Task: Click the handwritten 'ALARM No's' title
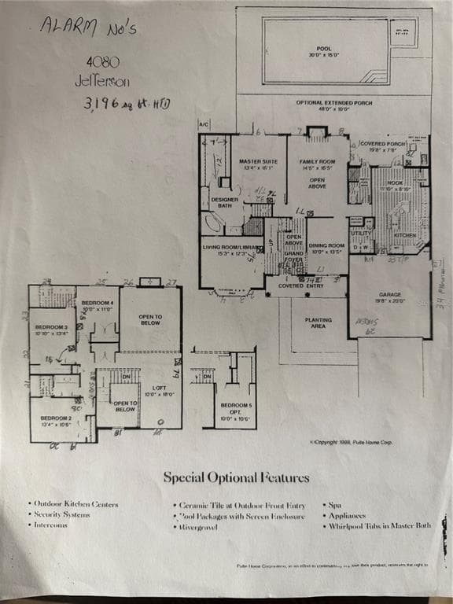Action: (89, 28)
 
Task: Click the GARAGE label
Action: (390, 296)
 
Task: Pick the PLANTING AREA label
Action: (317, 322)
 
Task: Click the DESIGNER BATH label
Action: (225, 202)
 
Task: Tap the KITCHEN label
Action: (404, 235)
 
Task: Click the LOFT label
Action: (158, 389)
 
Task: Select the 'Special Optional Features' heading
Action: (236, 477)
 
